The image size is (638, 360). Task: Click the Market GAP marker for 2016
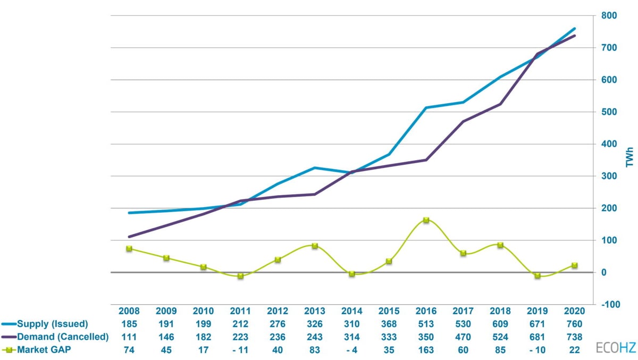pyautogui.click(x=426, y=220)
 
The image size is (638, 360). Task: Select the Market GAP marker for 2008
pyautogui.click(x=129, y=248)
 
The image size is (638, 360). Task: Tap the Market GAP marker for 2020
pyautogui.click(x=574, y=265)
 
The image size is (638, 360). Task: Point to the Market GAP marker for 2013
pyautogui.click(x=315, y=246)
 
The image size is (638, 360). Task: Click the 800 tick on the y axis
pyautogui.click(x=609, y=16)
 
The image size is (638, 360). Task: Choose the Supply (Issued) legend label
pyautogui.click(x=52, y=324)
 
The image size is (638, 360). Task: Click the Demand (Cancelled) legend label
pyautogui.click(x=63, y=337)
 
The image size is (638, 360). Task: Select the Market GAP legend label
pyautogui.click(x=44, y=349)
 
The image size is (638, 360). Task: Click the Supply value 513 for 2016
pyautogui.click(x=426, y=324)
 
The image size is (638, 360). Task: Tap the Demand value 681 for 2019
pyautogui.click(x=537, y=337)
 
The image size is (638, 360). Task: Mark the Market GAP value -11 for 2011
pyautogui.click(x=240, y=349)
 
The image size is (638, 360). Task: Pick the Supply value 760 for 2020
pyautogui.click(x=574, y=324)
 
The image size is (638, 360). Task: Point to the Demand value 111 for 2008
pyautogui.click(x=129, y=337)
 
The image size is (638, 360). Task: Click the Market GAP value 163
pyautogui.click(x=426, y=349)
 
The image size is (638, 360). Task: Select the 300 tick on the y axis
pyautogui.click(x=609, y=176)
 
